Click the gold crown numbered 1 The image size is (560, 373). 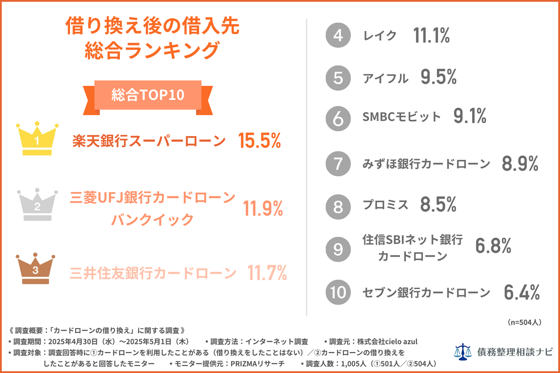pyautogui.click(x=37, y=140)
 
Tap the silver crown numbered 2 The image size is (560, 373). pyautogui.click(x=37, y=205)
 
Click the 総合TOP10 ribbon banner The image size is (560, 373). pyautogui.click(x=148, y=95)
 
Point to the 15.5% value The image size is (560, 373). pyautogui.click(x=259, y=141)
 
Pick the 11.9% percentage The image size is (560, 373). pyautogui.click(x=263, y=210)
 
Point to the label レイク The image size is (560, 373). pyautogui.click(x=379, y=36)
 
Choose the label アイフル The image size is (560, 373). pyautogui.click(x=385, y=78)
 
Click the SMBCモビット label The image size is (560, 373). pyautogui.click(x=401, y=117)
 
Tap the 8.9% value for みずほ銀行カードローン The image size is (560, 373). pyautogui.click(x=520, y=164)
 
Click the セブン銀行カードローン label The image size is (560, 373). pyautogui.click(x=426, y=292)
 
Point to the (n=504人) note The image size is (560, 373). pyautogui.click(x=523, y=322)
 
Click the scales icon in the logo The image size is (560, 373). pyautogui.click(x=463, y=351)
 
